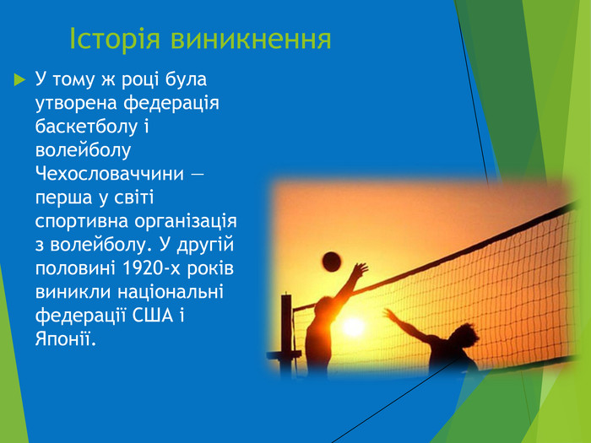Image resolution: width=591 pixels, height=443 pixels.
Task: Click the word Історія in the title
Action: (x=115, y=39)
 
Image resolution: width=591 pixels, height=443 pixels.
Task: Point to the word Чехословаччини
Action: (x=108, y=175)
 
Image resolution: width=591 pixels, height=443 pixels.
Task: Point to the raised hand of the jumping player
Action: (x=361, y=270)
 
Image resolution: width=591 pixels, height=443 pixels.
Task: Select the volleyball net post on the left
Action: (x=286, y=333)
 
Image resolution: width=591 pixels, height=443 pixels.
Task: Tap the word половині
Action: (x=73, y=269)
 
